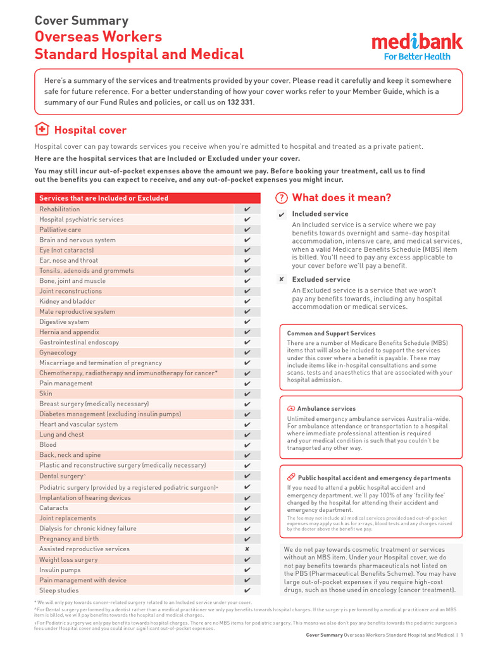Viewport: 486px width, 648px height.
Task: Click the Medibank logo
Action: click(417, 42)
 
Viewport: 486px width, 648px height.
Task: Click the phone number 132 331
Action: click(240, 102)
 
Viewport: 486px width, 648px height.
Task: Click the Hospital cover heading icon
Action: click(41, 130)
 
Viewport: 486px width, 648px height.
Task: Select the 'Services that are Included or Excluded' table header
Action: click(104, 198)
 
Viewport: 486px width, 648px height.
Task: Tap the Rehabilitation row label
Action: click(59, 209)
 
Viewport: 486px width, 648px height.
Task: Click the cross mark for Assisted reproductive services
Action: click(247, 549)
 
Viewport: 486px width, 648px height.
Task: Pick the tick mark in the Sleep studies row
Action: click(247, 590)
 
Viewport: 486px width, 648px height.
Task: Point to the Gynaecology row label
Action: click(58, 352)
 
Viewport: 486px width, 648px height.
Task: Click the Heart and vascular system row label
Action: click(78, 424)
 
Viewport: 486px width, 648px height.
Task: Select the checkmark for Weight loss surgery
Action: click(247, 559)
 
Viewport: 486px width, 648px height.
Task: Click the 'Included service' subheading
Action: click(320, 215)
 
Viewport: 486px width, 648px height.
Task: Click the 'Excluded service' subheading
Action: click(320, 280)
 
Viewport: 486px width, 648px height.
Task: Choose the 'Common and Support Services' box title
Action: click(331, 333)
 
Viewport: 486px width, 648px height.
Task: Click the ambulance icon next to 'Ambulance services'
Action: click(290, 409)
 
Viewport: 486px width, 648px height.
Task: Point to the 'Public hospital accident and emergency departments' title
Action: click(374, 478)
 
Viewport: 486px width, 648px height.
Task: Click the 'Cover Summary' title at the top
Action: click(81, 21)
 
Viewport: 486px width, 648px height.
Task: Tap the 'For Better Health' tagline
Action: click(417, 56)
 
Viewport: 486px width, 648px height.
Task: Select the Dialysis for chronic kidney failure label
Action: click(87, 528)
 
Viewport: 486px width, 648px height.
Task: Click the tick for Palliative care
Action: click(247, 230)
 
